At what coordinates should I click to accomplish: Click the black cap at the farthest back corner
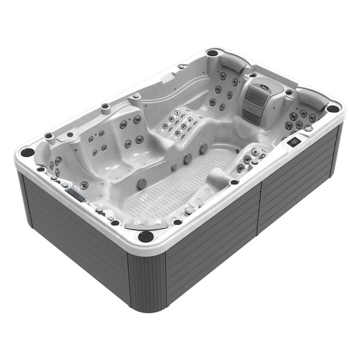tap(212, 53)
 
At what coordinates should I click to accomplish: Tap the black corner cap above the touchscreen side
tap(333, 109)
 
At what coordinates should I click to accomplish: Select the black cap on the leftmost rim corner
tap(27, 152)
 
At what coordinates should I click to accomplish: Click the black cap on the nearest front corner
tap(146, 236)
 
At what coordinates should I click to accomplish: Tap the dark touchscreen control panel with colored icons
tap(294, 142)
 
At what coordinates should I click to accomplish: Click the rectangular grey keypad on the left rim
tap(76, 194)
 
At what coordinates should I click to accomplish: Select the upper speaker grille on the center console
tap(257, 96)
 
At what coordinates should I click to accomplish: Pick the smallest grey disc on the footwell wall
tap(174, 166)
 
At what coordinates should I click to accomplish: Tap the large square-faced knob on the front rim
tap(189, 211)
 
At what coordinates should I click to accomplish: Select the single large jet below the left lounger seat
tap(84, 185)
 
